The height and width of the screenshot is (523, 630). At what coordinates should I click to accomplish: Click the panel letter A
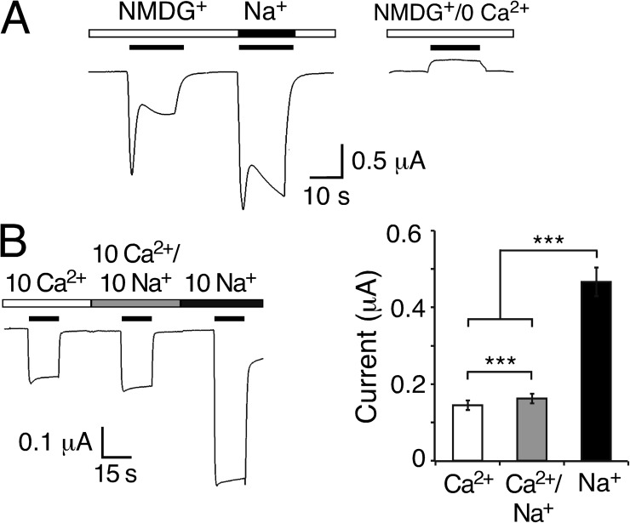tap(16, 20)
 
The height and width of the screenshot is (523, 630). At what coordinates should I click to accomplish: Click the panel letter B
tap(14, 243)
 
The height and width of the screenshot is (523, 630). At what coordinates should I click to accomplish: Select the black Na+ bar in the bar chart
tap(596, 371)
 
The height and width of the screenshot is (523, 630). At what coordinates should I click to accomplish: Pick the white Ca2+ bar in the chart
tap(467, 433)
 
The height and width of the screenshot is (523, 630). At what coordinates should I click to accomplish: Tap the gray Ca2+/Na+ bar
tap(532, 429)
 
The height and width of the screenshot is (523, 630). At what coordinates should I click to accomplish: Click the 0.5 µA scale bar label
tap(388, 162)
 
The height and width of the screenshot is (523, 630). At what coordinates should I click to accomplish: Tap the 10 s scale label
tap(326, 196)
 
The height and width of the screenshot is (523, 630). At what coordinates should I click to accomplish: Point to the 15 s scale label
tap(116, 474)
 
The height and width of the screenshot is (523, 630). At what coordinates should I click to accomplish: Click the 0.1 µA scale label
tap(56, 444)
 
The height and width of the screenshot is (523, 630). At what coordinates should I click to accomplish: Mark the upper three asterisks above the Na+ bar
tap(549, 241)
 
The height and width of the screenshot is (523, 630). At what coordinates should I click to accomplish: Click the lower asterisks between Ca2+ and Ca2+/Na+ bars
tap(501, 361)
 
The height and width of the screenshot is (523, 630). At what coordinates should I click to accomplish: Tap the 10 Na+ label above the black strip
tap(220, 285)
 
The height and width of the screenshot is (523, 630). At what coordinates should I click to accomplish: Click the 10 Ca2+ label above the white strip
tap(46, 284)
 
